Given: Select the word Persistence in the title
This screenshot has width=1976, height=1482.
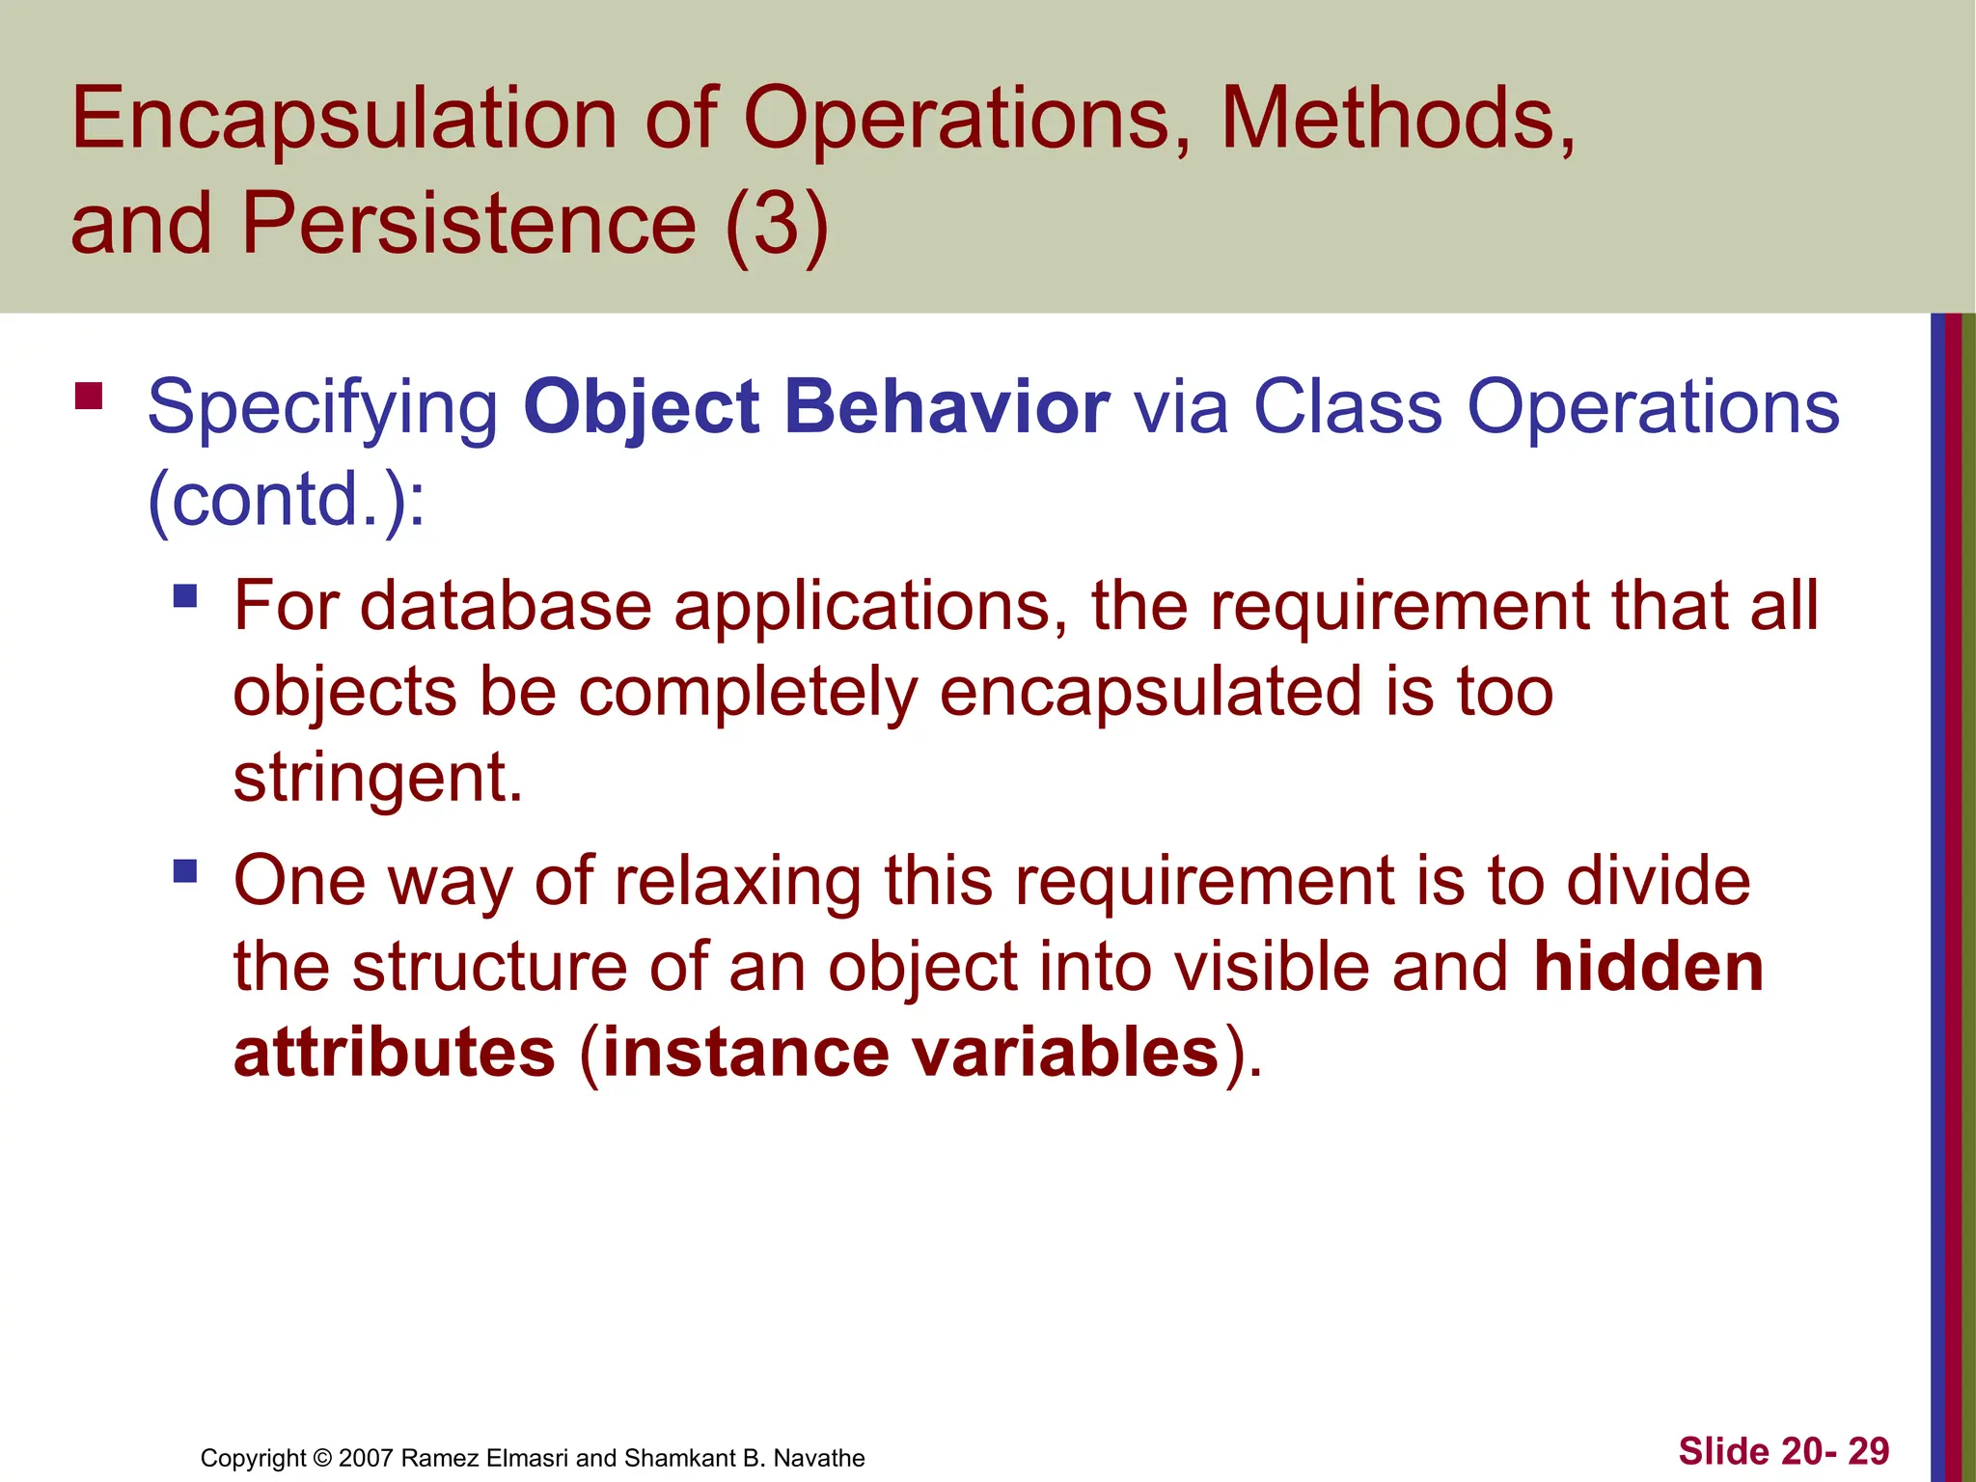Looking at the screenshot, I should coord(468,224).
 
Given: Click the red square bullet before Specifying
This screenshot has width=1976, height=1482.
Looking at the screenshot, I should coord(89,397).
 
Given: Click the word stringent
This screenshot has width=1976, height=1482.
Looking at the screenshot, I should coord(377,779).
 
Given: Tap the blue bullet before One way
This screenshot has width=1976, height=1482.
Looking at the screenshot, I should coord(185,872).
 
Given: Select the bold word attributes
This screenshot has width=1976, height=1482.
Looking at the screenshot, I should coord(395,1053).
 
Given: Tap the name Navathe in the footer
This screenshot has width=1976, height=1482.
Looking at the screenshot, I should coord(818,1458).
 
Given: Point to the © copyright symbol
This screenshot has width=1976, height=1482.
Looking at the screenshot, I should coord(322,1458).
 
